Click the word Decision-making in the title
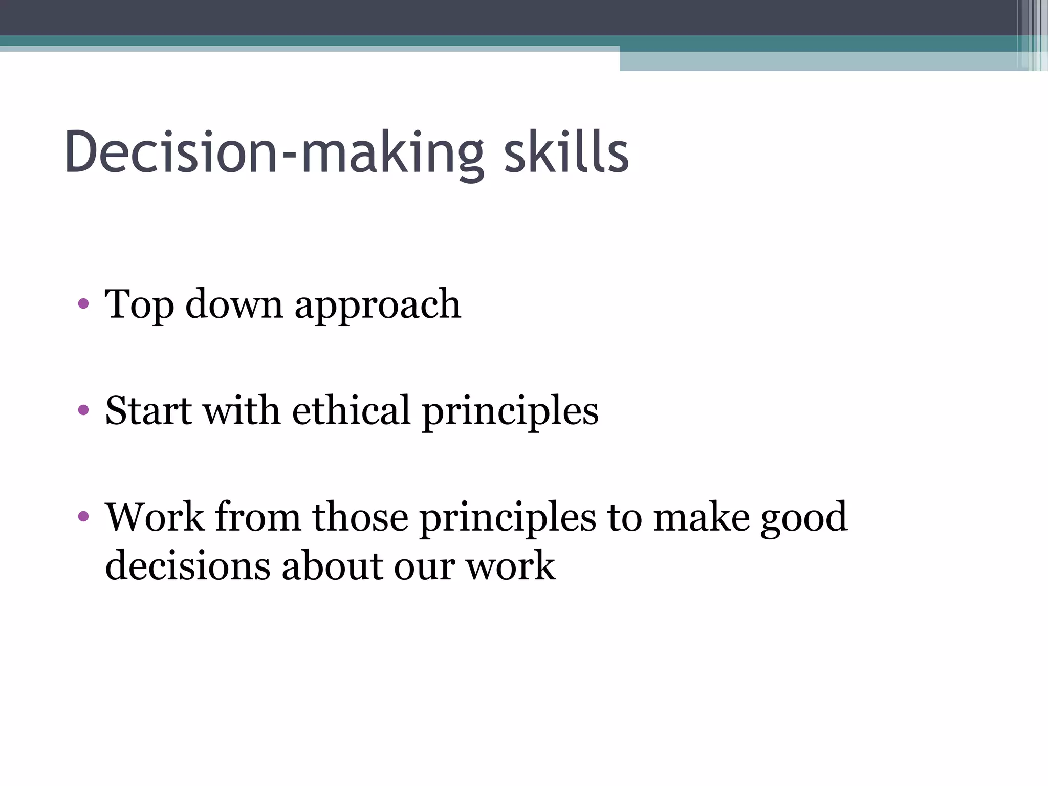point(274,152)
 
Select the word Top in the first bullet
point(138,304)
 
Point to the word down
point(233,304)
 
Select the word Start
point(148,410)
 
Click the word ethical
point(351,410)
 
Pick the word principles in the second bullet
point(510,412)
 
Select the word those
point(360,517)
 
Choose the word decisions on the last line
point(187,565)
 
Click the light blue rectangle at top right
point(819,61)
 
